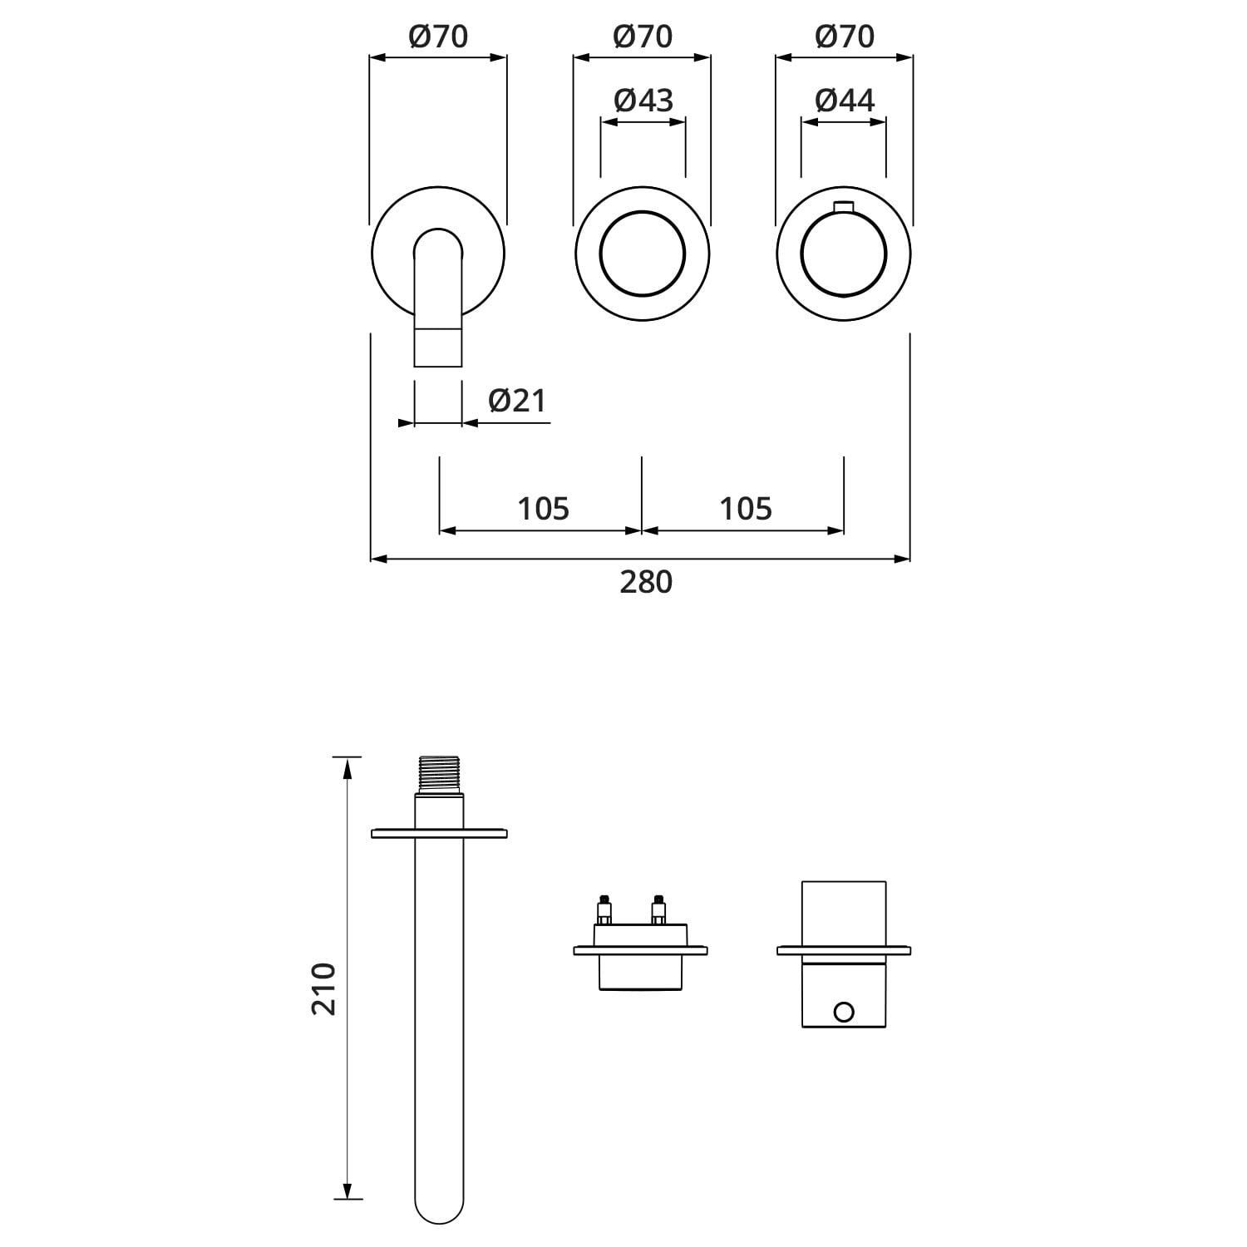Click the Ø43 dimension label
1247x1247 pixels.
pos(643,100)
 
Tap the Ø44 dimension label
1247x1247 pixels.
pos(845,100)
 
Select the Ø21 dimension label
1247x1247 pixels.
pos(517,400)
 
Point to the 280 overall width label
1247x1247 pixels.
pos(646,582)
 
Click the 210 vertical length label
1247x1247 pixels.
pos(324,988)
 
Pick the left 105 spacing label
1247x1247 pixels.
pos(544,508)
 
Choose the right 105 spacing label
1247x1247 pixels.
pos(746,508)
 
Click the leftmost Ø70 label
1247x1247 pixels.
pos(438,36)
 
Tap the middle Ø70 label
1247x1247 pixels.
pos(643,36)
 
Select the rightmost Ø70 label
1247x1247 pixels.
pos(845,36)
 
